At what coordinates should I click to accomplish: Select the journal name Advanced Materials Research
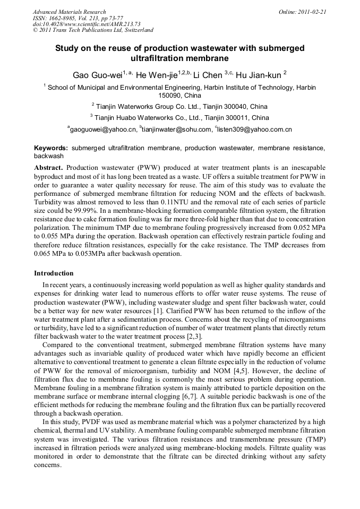[x=69, y=12]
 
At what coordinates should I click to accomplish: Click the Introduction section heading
[x=54, y=273]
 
